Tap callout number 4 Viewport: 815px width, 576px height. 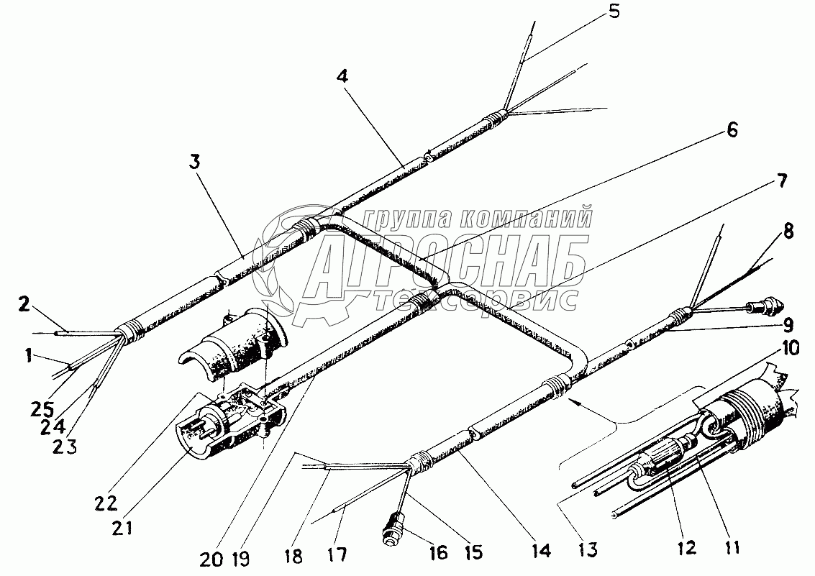[344, 77]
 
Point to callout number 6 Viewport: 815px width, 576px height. [732, 129]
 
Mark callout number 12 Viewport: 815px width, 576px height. [687, 548]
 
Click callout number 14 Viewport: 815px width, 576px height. [540, 552]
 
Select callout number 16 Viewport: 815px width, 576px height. [437, 552]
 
